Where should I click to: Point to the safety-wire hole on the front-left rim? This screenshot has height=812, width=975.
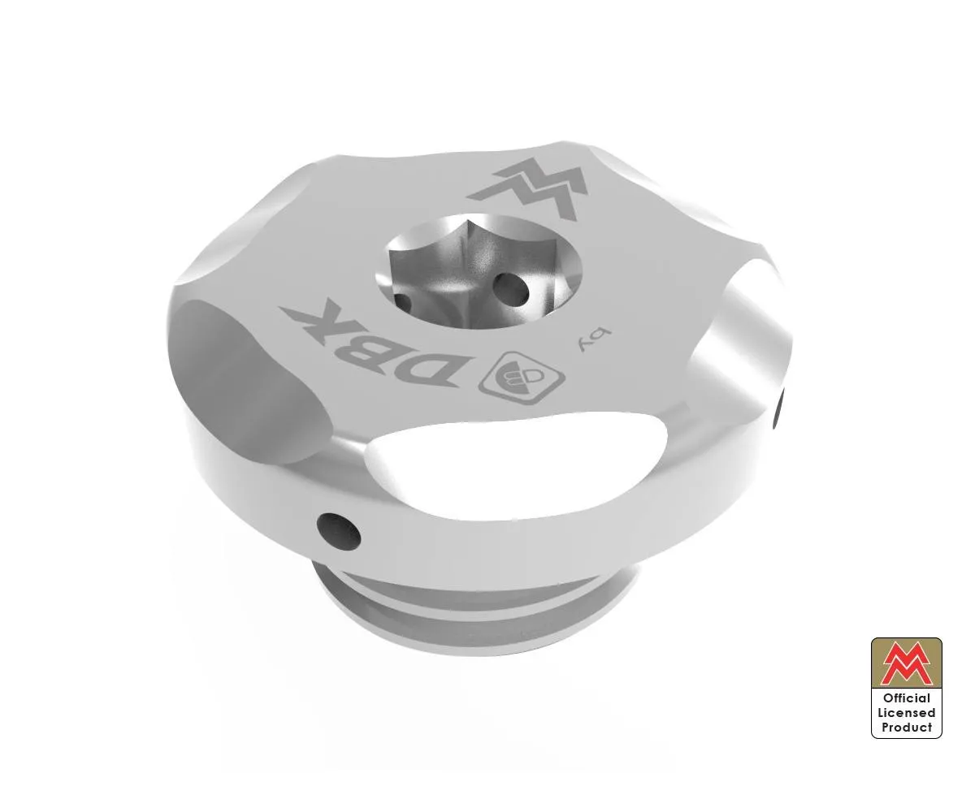click(334, 529)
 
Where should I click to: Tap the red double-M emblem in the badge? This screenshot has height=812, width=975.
click(906, 662)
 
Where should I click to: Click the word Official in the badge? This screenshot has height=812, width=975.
click(906, 698)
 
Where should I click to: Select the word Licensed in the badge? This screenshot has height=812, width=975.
click(906, 713)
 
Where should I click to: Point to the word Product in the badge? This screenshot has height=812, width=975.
click(906, 728)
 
